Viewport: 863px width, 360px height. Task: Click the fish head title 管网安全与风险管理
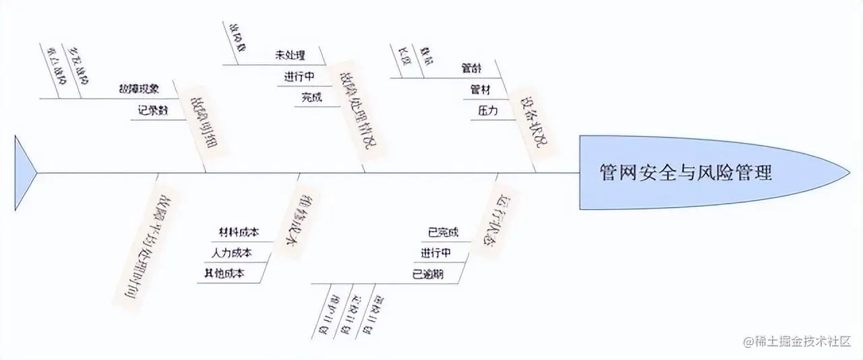[686, 173]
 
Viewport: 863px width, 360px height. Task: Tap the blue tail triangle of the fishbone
[24, 173]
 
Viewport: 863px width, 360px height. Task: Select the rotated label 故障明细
[206, 121]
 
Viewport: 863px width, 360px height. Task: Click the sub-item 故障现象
[139, 88]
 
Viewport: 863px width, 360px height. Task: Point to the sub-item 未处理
[291, 55]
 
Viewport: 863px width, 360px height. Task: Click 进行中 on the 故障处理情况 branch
[301, 76]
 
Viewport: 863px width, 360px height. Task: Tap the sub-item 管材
[480, 89]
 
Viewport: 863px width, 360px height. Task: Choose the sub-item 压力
[487, 111]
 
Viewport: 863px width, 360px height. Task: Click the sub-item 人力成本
[231, 253]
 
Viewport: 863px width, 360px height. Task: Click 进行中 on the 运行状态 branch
[436, 253]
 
